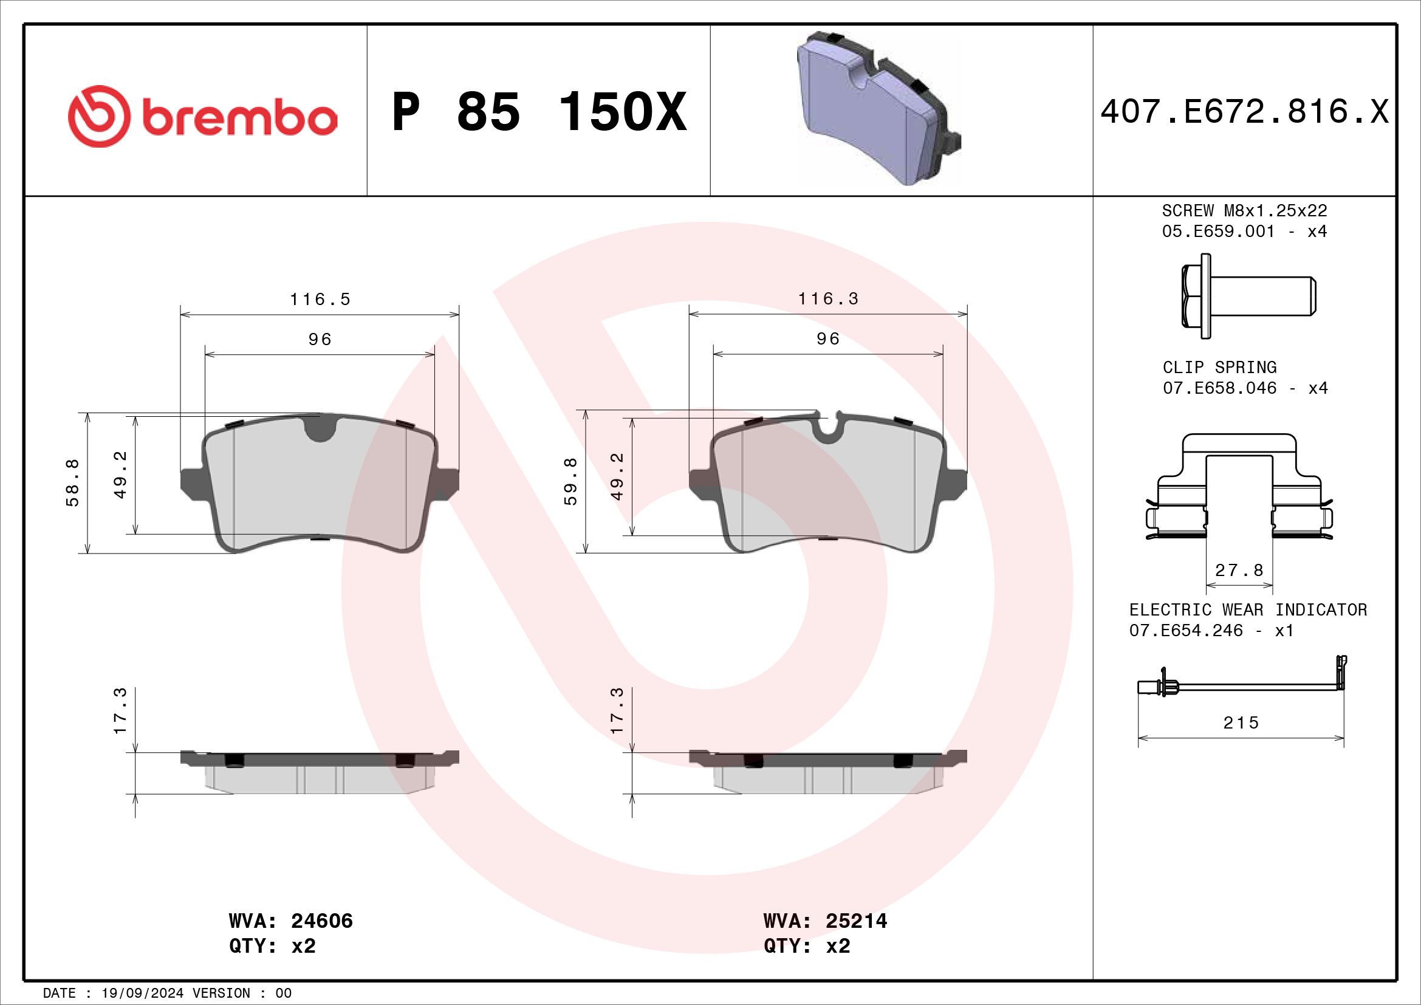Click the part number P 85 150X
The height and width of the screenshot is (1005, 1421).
(x=539, y=112)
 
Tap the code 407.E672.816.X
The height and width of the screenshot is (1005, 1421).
(x=1245, y=112)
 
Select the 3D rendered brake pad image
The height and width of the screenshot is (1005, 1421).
(x=879, y=108)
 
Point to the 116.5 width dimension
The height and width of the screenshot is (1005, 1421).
(x=320, y=300)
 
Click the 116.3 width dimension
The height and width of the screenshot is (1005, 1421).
(x=828, y=299)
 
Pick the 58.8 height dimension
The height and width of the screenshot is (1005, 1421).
(x=72, y=482)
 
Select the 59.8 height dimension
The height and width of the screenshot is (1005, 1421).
(x=570, y=481)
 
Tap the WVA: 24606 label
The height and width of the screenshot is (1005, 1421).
(x=291, y=921)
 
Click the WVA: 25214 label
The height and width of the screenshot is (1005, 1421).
(x=826, y=921)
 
